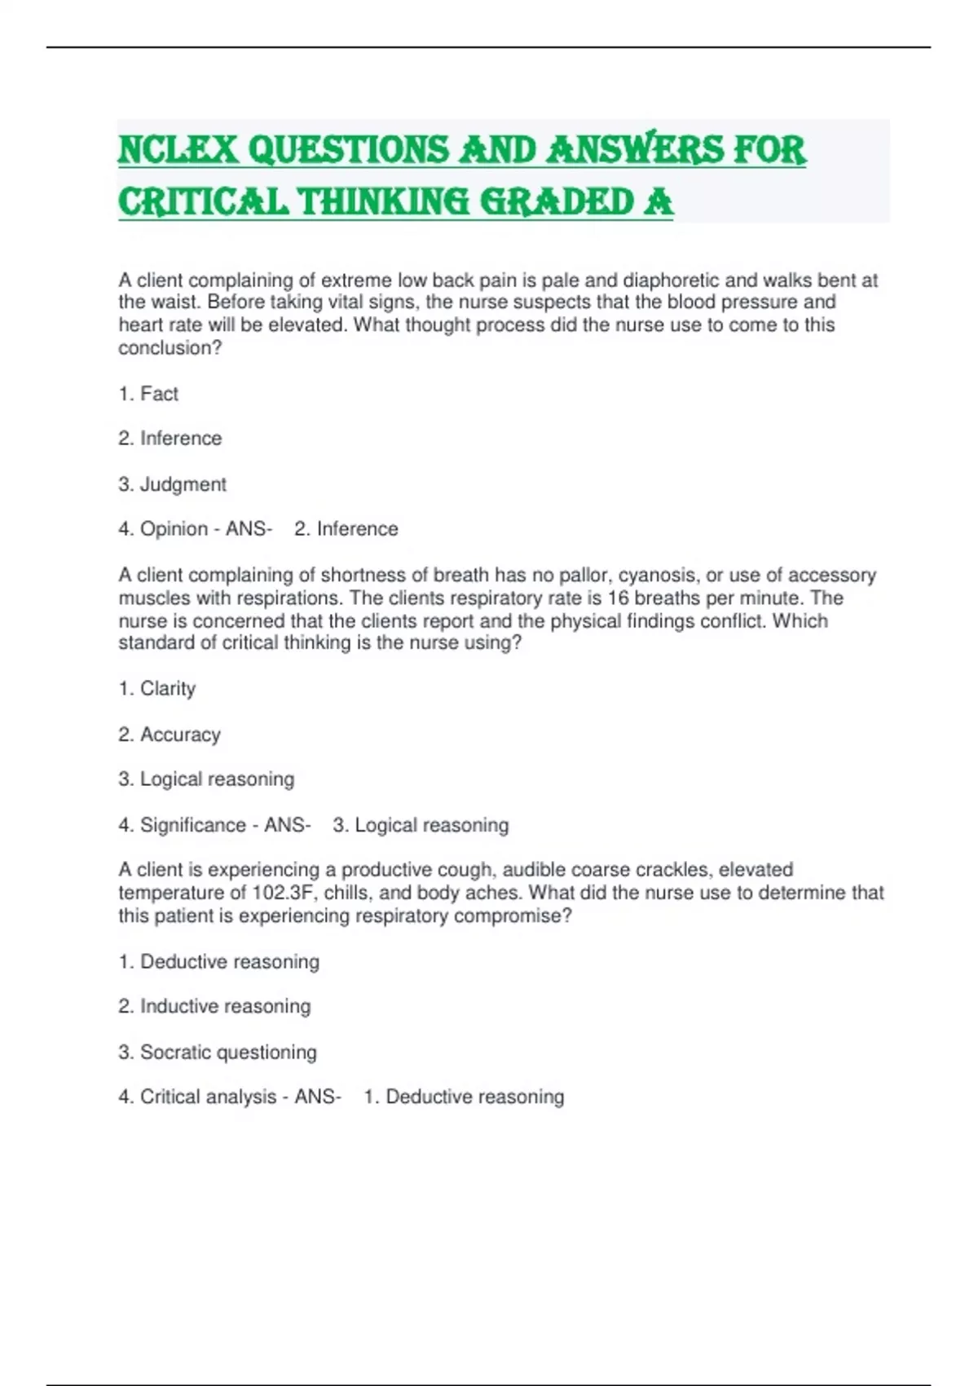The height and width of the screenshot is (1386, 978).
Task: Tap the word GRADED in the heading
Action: pyautogui.click(x=556, y=202)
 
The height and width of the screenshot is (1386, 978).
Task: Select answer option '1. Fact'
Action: pyautogui.click(x=148, y=394)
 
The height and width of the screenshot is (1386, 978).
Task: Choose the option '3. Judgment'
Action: pyautogui.click(x=172, y=484)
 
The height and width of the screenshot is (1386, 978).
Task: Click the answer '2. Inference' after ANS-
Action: pyautogui.click(x=346, y=529)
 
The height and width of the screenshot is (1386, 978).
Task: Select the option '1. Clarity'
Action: pyautogui.click(x=157, y=689)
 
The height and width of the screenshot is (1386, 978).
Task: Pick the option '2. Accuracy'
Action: pyautogui.click(x=170, y=735)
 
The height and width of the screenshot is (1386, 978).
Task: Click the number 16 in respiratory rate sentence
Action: pyautogui.click(x=619, y=598)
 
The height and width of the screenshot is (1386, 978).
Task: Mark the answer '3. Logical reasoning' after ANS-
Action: pyautogui.click(x=421, y=825)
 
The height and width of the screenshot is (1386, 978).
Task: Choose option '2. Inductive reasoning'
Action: pyautogui.click(x=214, y=1006)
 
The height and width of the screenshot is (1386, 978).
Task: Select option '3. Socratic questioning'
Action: pyautogui.click(x=218, y=1052)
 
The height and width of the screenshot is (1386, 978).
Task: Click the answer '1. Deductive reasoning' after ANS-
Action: pyautogui.click(x=464, y=1097)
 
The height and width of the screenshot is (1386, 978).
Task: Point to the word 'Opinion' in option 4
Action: pyautogui.click(x=174, y=529)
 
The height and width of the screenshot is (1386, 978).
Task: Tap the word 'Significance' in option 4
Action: pyautogui.click(x=193, y=825)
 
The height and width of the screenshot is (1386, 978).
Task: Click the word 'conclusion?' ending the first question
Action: pyautogui.click(x=170, y=348)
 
